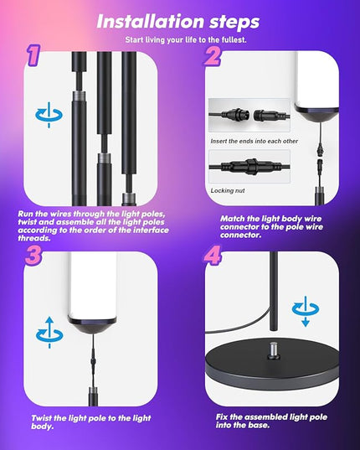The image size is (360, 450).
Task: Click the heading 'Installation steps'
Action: tap(178, 22)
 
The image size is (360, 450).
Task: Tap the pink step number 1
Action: tap(33, 54)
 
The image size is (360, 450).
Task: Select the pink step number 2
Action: tap(213, 55)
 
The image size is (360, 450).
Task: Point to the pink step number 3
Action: tap(33, 255)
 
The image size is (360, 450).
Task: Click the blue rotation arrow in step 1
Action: tap(49, 115)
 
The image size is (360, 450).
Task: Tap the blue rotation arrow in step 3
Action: tap(49, 333)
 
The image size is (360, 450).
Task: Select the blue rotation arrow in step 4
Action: tap(306, 311)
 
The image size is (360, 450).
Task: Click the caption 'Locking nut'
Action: tap(228, 190)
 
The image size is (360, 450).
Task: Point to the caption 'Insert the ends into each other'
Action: tap(254, 141)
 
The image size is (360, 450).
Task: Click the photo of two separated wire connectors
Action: tap(249, 116)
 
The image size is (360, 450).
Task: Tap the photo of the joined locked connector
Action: tap(249, 166)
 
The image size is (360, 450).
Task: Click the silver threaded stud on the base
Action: tap(274, 349)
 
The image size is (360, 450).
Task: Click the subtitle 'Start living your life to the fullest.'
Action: tap(186, 40)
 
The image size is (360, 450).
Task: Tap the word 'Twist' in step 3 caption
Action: tap(42, 418)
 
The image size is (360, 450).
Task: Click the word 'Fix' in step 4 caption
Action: tap(222, 416)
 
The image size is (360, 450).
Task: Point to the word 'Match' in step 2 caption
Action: tap(232, 219)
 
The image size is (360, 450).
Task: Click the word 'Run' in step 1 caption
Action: tap(25, 214)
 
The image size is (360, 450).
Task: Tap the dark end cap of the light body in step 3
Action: tap(92, 325)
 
